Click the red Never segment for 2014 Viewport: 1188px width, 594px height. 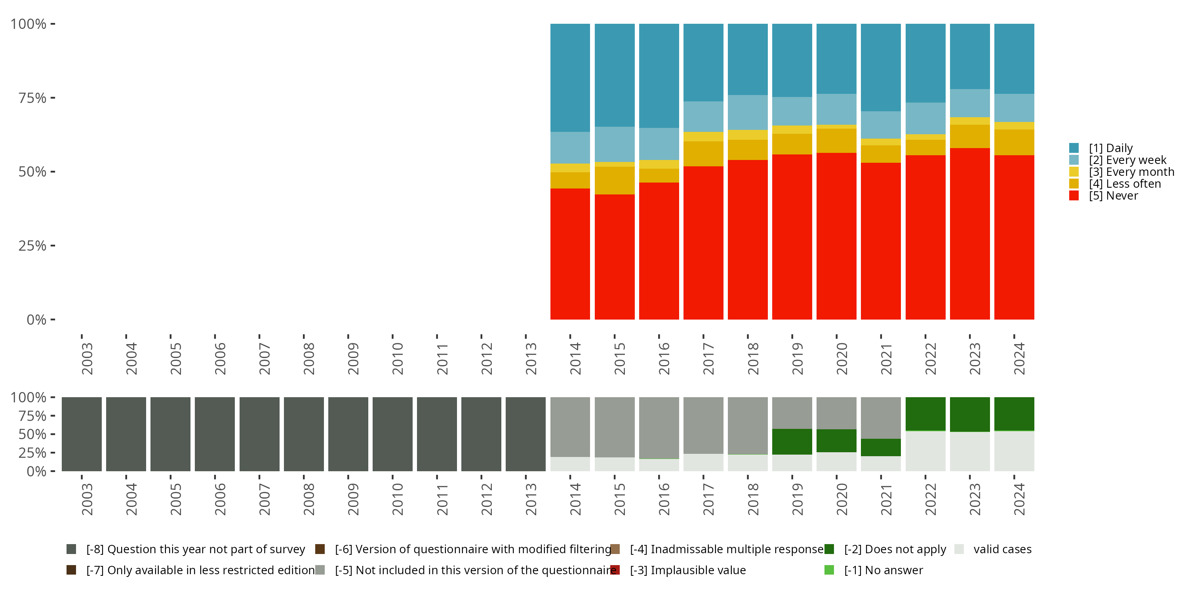coord(570,254)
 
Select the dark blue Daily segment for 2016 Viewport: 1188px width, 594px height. coord(659,76)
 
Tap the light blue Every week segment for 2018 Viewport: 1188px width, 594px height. coord(748,112)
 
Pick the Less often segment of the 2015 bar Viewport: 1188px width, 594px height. coord(614,180)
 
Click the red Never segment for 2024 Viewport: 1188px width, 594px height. coord(1014,237)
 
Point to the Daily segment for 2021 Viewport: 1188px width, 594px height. coord(880,67)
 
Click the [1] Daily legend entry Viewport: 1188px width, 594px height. coord(1110,148)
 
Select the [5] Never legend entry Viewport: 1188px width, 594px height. coord(1113,196)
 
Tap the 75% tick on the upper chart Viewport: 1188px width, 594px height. coord(32,98)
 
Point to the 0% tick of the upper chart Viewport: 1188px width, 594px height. coord(36,320)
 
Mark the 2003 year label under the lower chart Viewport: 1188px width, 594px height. coord(87,499)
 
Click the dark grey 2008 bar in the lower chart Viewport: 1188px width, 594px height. coord(303,434)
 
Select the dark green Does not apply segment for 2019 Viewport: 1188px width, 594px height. coord(792,442)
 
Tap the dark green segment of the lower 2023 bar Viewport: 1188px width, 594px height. coord(969,414)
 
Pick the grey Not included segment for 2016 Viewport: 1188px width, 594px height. coord(659,428)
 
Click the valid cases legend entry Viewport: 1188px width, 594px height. coord(1002,549)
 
